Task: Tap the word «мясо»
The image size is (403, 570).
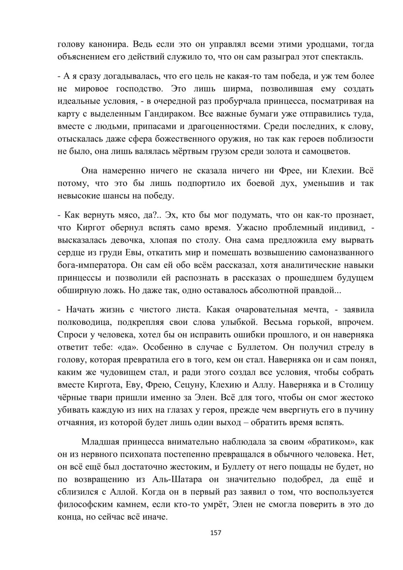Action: (129, 214)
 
